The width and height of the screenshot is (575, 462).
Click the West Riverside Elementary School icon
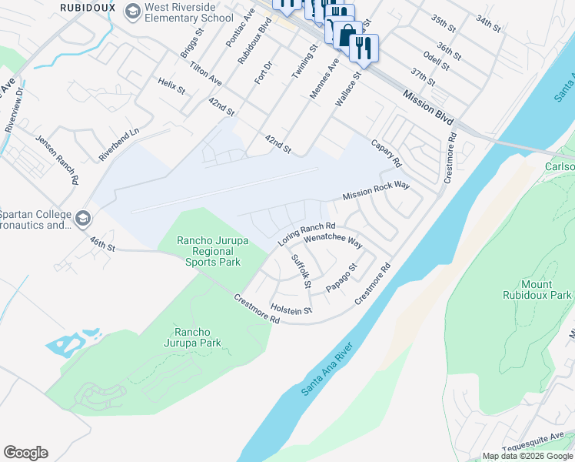(134, 12)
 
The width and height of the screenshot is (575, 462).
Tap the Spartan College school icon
(83, 220)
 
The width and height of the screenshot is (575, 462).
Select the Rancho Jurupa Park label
(192, 337)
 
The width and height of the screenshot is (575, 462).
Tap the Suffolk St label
(301, 271)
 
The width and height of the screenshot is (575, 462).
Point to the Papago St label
(341, 278)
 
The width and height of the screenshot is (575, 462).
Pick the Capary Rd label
(386, 153)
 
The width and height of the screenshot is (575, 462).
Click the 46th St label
(100, 243)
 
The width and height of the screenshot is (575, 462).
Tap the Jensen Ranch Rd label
(57, 159)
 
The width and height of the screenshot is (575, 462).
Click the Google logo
(25, 453)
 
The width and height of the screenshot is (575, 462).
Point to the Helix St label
(171, 86)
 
